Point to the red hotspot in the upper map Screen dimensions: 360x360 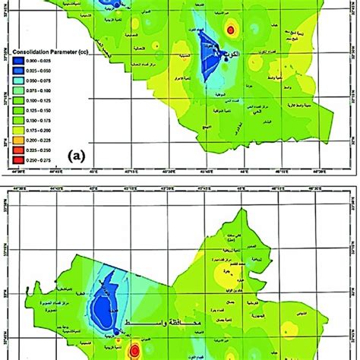231,30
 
